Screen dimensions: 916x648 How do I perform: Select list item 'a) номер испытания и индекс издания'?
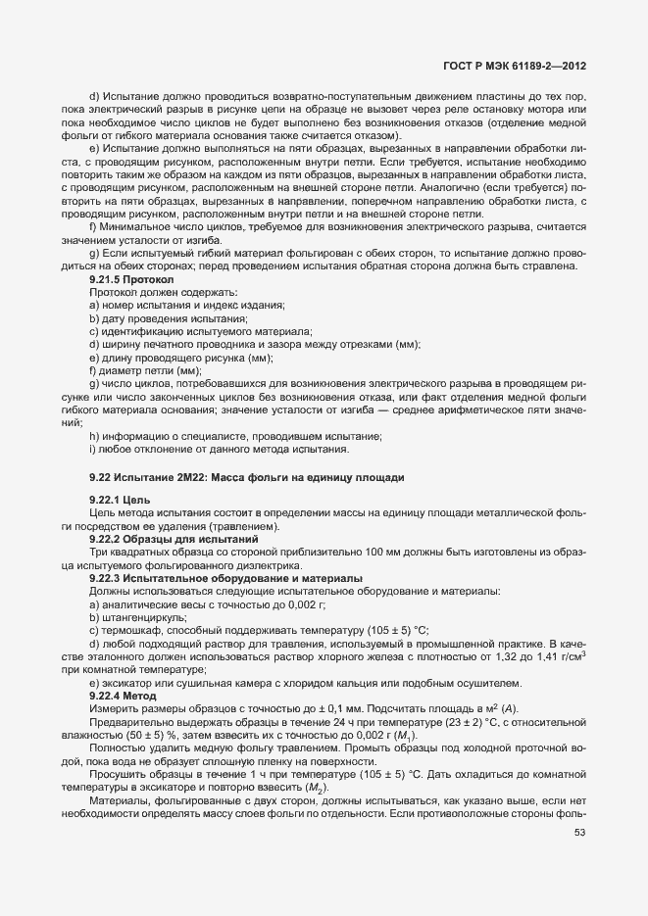click(x=186, y=305)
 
